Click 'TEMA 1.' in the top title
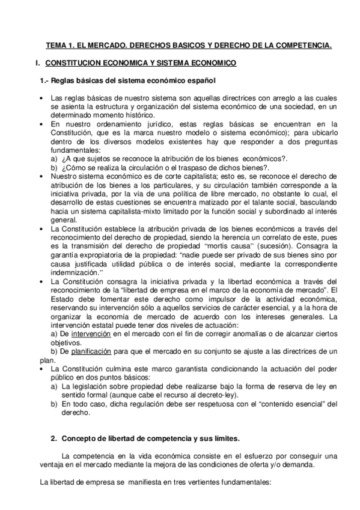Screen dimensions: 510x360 58,45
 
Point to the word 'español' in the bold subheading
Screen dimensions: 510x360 200,81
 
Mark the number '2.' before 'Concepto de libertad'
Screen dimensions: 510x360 53,438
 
